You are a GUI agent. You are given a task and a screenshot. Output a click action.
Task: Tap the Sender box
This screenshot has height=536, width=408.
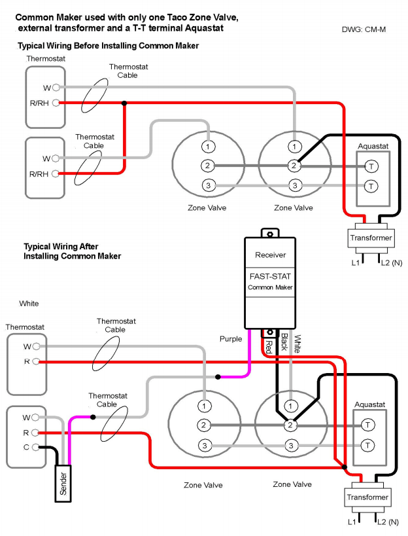point(63,483)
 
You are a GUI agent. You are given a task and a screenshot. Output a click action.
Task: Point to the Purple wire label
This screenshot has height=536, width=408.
point(230,339)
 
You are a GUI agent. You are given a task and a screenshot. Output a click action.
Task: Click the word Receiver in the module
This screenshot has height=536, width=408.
point(270,255)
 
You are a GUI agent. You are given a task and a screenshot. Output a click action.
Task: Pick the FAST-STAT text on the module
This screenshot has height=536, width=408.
point(270,276)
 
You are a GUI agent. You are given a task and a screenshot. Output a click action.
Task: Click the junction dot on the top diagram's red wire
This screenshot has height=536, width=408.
point(124,103)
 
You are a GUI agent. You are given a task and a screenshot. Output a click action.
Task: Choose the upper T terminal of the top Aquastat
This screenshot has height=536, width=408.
point(371,166)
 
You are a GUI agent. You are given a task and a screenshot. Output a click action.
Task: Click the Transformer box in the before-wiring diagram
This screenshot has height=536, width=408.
point(371,238)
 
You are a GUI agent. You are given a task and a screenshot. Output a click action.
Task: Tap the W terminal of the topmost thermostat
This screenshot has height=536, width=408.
point(57,88)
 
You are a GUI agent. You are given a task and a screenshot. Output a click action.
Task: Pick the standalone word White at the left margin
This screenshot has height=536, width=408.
point(29,304)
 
